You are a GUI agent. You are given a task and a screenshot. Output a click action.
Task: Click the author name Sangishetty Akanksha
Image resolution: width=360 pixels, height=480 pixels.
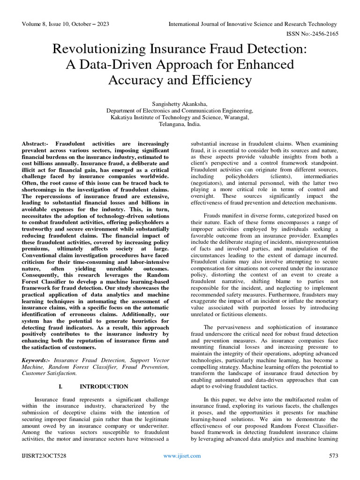click(x=180, y=103)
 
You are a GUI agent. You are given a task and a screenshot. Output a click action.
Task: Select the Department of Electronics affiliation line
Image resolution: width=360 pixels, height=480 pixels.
click(x=180, y=111)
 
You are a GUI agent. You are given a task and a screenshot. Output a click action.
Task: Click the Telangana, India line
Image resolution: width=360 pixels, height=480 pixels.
click(x=180, y=125)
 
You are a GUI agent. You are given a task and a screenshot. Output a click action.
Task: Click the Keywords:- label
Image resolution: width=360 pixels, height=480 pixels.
click(x=36, y=360)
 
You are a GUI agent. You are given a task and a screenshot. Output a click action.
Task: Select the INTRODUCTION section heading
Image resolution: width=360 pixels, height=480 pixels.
click(x=104, y=387)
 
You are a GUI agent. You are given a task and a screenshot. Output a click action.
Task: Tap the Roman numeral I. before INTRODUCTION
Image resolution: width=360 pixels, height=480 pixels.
click(x=60, y=387)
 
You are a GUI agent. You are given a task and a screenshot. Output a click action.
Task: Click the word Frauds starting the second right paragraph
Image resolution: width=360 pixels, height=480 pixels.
click(x=213, y=215)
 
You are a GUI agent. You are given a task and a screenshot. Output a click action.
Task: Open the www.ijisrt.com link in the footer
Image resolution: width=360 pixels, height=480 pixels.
click(x=182, y=456)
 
